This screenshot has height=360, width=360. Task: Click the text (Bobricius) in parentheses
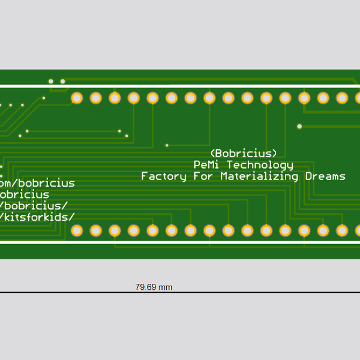pos(244,152)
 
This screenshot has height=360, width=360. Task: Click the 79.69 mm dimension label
pos(154,287)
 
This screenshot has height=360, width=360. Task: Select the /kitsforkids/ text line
pos(38,217)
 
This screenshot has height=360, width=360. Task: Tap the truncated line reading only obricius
pos(25,194)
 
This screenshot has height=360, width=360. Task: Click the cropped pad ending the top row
pos(358,98)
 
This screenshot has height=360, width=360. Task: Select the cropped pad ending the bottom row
pos(358,230)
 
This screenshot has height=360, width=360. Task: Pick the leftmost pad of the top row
pos(77,98)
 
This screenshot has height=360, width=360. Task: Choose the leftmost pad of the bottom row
pos(77,230)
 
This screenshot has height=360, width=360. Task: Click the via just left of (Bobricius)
pos(167,145)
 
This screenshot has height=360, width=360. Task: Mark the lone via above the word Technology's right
pos(299,127)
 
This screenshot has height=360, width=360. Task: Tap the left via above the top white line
pos(51,81)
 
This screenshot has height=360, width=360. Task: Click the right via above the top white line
pos(62,81)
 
